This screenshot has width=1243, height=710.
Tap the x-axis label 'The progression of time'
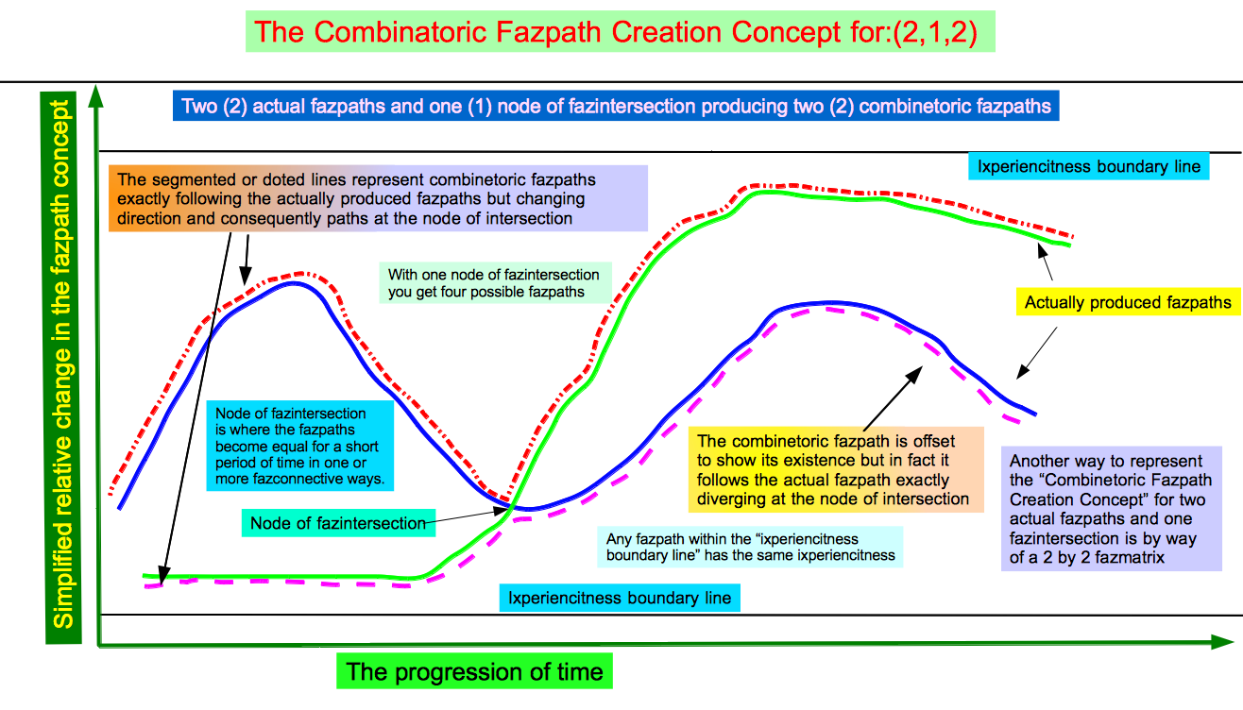474,671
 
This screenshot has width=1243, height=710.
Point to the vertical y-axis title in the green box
61,366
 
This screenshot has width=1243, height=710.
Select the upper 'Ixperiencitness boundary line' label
1089,166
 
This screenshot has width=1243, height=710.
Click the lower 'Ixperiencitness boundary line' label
620,598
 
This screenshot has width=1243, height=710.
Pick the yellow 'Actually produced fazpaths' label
1128,302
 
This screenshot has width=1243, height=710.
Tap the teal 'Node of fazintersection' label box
338,523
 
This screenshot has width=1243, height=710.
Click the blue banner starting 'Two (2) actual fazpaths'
616,106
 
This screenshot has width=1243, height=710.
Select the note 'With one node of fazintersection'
495,283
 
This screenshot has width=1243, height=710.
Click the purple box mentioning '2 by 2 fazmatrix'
1112,509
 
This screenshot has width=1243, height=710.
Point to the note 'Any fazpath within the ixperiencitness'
750,547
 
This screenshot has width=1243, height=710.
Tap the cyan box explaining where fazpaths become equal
300,446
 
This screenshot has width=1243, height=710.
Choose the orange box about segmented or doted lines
378,198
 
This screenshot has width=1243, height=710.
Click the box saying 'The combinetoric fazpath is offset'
836,470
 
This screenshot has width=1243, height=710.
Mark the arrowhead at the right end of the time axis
1222,642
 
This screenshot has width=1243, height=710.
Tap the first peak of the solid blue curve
293,283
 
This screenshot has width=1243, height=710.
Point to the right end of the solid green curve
1070,245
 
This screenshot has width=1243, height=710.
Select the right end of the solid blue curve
1035,414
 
